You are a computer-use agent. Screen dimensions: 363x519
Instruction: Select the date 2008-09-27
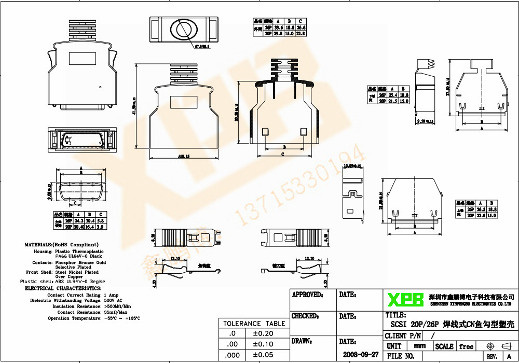(361, 355)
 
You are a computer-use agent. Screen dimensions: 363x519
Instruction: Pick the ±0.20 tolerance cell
(262, 333)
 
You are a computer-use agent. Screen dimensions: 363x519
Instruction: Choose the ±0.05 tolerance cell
(262, 355)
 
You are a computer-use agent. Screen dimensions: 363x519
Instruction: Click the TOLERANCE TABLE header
(254, 324)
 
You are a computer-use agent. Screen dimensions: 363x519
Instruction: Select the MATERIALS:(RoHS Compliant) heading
(61, 244)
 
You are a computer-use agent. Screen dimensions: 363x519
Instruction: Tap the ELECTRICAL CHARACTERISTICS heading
(63, 288)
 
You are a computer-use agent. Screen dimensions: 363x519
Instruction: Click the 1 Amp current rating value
(112, 295)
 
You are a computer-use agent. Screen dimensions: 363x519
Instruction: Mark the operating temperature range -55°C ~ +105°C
(122, 318)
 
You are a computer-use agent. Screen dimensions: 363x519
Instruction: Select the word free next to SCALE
(466, 346)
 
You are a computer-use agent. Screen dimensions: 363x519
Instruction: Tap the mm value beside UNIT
(419, 346)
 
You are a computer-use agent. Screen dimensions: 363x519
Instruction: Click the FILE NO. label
(401, 356)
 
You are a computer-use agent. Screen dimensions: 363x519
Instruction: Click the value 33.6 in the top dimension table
(278, 27)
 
